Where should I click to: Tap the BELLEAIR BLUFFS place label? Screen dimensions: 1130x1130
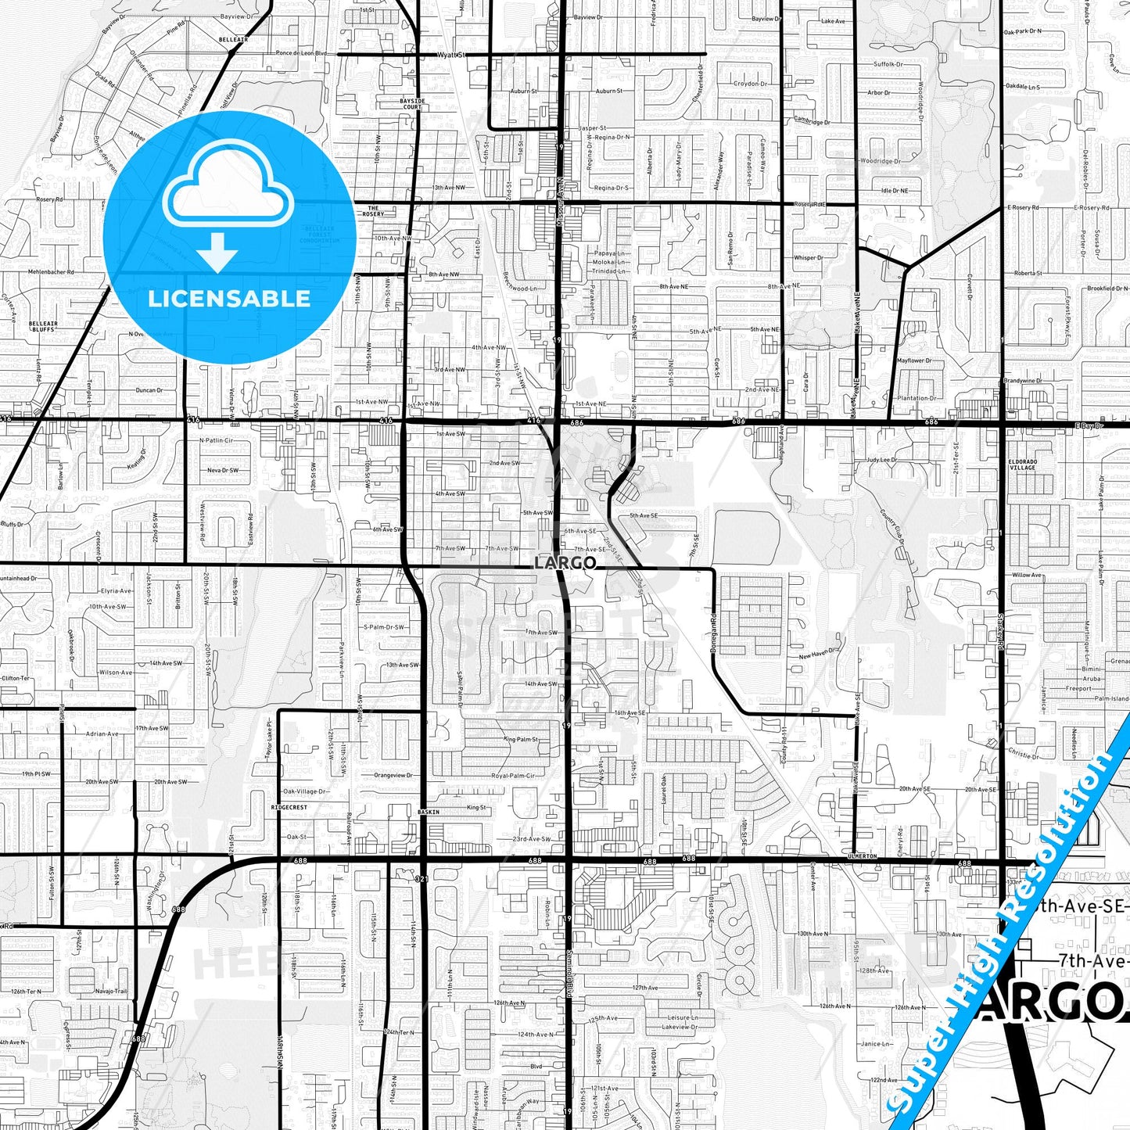(x=43, y=325)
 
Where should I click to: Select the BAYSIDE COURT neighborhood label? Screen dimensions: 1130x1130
(x=412, y=104)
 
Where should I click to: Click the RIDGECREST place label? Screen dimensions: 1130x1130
(x=289, y=807)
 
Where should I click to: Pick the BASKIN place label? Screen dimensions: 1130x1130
(x=429, y=812)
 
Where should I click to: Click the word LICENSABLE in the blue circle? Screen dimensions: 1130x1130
(x=229, y=299)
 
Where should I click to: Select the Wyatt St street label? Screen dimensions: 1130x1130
(x=451, y=55)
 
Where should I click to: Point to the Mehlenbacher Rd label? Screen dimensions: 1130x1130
(x=51, y=272)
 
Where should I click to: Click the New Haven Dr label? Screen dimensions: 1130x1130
(x=818, y=654)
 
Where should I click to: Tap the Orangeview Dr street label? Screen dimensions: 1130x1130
(x=393, y=775)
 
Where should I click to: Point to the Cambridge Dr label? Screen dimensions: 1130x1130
(x=813, y=120)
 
